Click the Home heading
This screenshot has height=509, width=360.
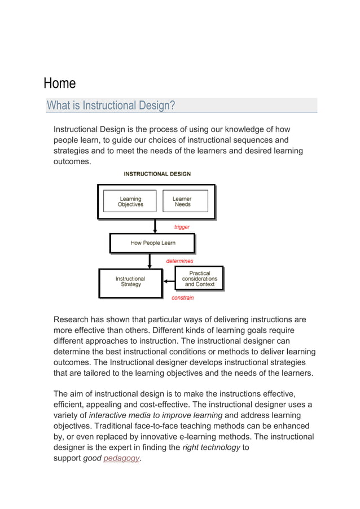pyautogui.click(x=60, y=84)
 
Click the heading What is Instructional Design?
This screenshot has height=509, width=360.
pyautogui.click(x=111, y=106)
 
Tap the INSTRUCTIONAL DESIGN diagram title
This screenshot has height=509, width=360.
pyautogui.click(x=157, y=174)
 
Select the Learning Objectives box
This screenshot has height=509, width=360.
pyautogui.click(x=130, y=201)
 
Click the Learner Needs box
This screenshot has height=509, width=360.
pyautogui.click(x=182, y=201)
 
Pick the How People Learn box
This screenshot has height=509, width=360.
pyautogui.click(x=152, y=243)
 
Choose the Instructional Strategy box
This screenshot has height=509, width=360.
pyautogui.click(x=130, y=282)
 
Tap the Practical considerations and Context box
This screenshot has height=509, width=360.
pyautogui.click(x=200, y=279)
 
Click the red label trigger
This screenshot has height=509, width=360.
pyautogui.click(x=182, y=227)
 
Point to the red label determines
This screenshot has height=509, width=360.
pyautogui.click(x=179, y=261)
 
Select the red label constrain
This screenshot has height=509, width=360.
pyautogui.click(x=182, y=298)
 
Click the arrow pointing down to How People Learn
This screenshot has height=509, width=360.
pyautogui.click(x=155, y=226)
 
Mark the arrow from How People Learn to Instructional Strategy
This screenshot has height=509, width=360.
pyautogui.click(x=150, y=261)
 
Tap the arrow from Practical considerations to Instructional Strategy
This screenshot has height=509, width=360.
pyautogui.click(x=169, y=281)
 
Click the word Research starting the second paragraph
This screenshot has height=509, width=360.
pyautogui.click(x=72, y=319)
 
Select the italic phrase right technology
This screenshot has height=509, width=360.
pyautogui.click(x=212, y=447)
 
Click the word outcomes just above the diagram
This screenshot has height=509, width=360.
pyautogui.click(x=72, y=161)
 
